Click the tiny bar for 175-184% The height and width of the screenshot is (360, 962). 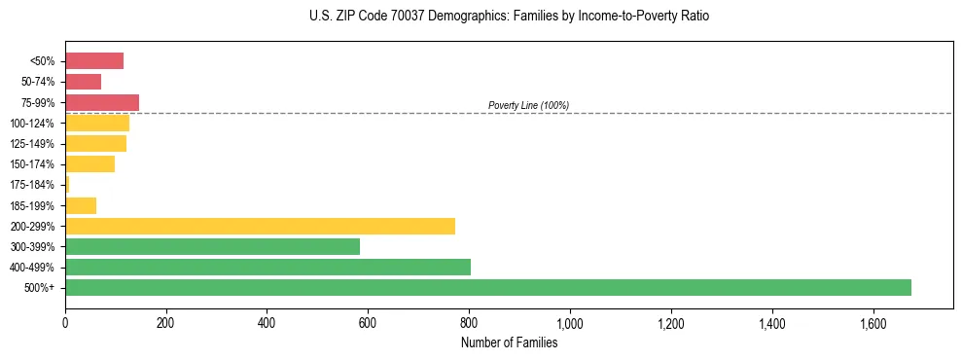(67, 184)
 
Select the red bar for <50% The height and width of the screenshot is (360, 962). (94, 61)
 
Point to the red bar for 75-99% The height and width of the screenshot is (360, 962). (102, 102)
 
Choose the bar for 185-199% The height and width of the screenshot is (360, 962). (81, 205)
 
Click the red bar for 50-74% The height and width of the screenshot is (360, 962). (83, 82)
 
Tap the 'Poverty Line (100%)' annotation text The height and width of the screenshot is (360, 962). (528, 105)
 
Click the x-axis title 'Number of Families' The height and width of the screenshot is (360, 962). (509, 342)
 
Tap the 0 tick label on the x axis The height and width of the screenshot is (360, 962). (65, 321)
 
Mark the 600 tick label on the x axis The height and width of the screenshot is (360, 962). (368, 321)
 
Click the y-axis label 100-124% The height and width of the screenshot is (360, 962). (32, 124)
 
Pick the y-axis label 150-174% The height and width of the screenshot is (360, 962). (32, 164)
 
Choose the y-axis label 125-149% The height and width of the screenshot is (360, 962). (32, 144)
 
